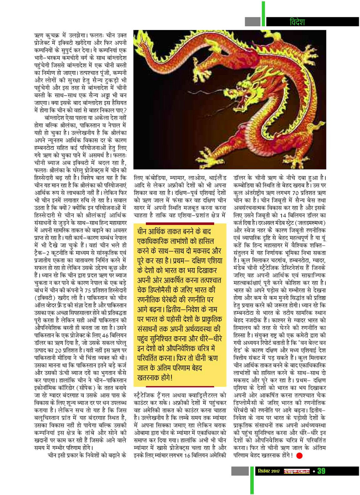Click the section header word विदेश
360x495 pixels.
(298, 22)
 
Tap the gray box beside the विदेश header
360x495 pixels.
(252, 22)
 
